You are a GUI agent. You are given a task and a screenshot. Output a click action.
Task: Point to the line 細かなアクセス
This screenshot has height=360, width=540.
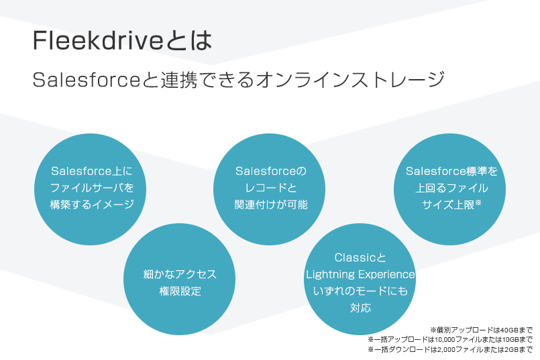coord(180,274)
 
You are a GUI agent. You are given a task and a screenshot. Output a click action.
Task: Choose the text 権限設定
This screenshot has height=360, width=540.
coord(180,292)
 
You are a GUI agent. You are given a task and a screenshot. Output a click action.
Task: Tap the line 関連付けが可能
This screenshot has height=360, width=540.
coord(270,204)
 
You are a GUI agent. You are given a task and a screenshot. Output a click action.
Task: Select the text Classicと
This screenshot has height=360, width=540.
coord(360,257)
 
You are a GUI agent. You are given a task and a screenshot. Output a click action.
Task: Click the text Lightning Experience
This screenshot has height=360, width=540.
coord(360,274)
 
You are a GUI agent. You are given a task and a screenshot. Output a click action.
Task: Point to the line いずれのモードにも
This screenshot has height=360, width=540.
coord(360,292)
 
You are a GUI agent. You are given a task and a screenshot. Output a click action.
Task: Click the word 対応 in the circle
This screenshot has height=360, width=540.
coord(360,308)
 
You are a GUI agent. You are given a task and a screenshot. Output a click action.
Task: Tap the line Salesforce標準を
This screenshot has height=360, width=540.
coord(451,171)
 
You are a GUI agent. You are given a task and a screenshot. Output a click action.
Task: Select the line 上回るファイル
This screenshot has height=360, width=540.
coord(451,188)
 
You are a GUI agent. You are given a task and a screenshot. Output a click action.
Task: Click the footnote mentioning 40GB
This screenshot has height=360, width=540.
coord(481,329)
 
